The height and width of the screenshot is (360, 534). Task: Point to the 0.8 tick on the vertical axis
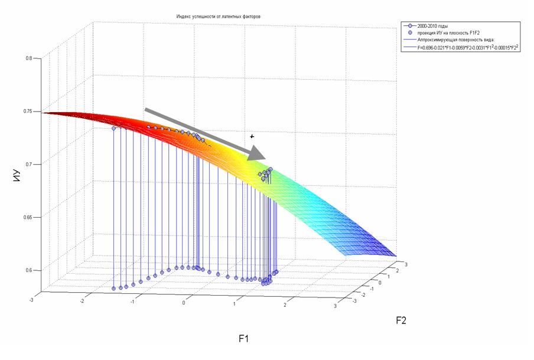(28, 58)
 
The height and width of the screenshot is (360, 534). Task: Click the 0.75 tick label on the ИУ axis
(27, 112)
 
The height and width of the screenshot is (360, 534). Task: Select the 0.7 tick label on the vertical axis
(28, 165)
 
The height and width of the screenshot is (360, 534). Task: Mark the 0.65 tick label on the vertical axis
(27, 218)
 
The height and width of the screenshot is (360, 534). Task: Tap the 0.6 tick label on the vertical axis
(28, 271)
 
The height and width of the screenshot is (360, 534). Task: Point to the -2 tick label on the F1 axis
(82, 300)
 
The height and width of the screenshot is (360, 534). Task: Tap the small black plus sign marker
(252, 136)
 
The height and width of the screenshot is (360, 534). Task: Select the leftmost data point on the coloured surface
(113, 128)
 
